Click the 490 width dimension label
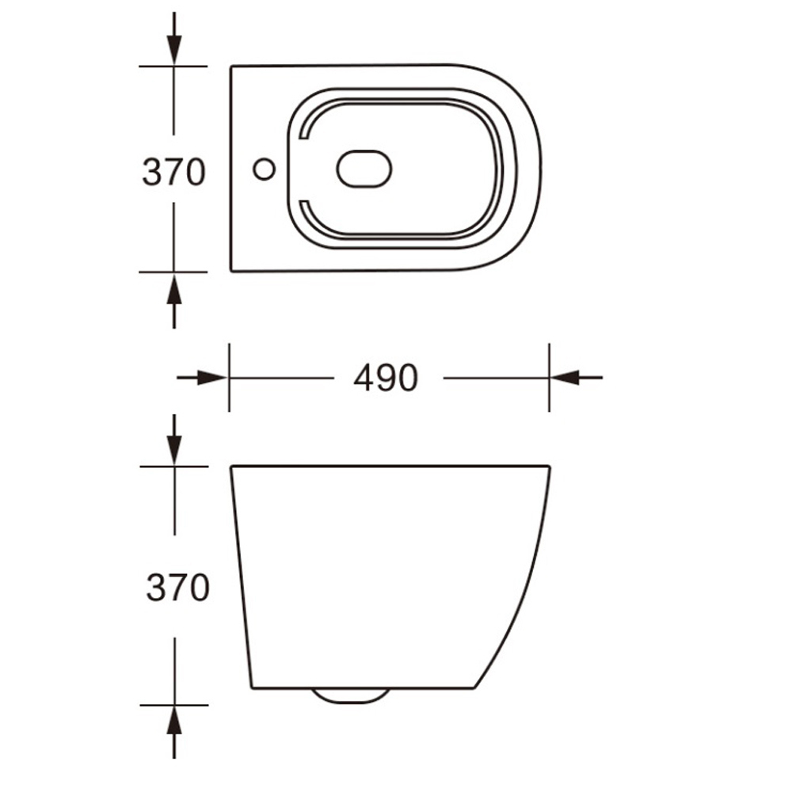pyautogui.click(x=386, y=378)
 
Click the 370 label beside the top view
pyautogui.click(x=173, y=172)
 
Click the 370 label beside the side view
pyautogui.click(x=177, y=588)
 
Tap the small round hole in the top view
pyautogui.click(x=264, y=169)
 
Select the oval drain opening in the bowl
pyautogui.click(x=364, y=169)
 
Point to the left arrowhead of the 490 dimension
pyautogui.click(x=211, y=377)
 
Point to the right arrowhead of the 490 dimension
pyautogui.click(x=565, y=377)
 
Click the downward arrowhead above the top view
pyautogui.click(x=174, y=51)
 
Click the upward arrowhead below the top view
pyautogui.click(x=174, y=287)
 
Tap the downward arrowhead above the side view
pyautogui.click(x=174, y=451)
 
